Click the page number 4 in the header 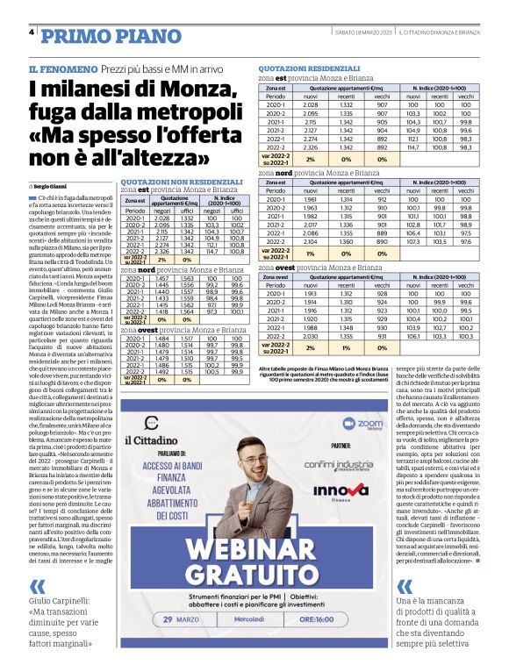tap(32, 32)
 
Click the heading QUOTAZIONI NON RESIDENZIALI tap(170, 182)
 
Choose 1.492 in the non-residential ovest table tap(161, 370)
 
